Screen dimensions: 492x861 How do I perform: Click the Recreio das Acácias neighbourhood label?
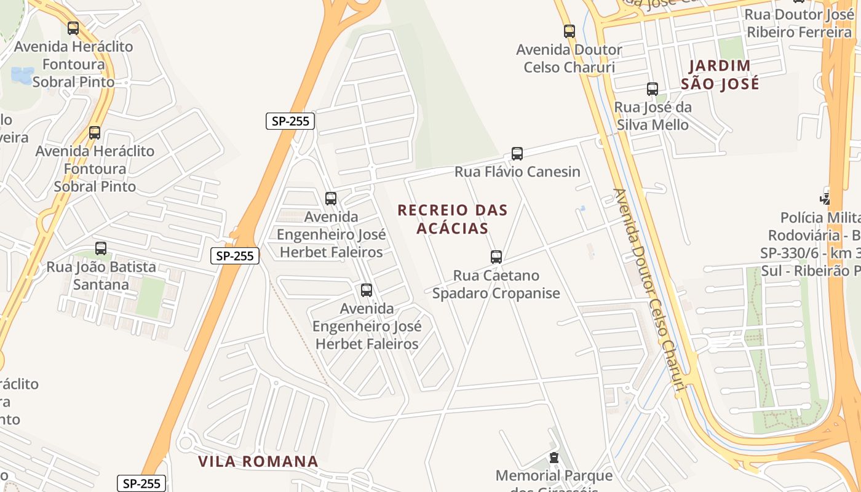[x=453, y=219]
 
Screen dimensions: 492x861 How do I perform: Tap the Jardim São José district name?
[x=720, y=74]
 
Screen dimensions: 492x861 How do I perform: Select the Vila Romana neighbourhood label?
[x=258, y=461]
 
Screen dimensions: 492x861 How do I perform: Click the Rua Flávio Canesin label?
[x=517, y=172]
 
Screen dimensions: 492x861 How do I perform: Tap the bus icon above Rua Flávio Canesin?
[x=517, y=154]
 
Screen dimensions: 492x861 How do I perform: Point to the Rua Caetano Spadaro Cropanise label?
[x=496, y=284]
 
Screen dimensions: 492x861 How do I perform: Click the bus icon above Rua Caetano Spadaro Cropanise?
[x=496, y=257]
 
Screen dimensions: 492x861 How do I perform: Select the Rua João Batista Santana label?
[x=101, y=276]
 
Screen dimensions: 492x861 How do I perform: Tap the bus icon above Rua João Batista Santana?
[x=101, y=248]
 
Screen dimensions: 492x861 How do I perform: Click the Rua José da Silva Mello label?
[x=653, y=116]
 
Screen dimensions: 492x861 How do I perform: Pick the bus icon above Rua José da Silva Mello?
[x=653, y=89]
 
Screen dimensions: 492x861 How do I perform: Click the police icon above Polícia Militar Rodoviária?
[x=825, y=198]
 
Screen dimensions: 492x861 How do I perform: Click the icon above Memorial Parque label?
[x=554, y=458]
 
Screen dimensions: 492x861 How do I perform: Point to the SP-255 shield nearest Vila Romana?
[x=142, y=483]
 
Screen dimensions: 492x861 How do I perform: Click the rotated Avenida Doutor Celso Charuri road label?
[x=649, y=289]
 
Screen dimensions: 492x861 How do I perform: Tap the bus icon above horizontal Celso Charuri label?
[x=569, y=31]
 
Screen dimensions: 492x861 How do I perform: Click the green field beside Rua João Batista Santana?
[x=150, y=298]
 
